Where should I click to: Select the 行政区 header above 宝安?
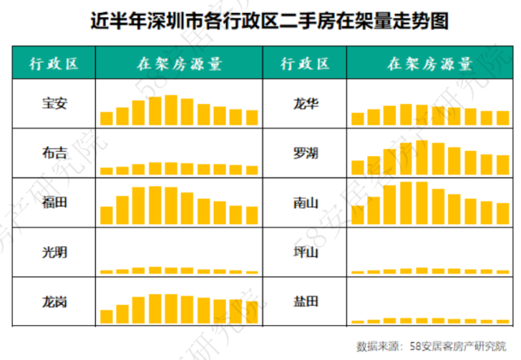[54, 63]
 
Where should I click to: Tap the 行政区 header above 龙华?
[305, 63]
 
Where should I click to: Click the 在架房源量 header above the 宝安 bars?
[179, 63]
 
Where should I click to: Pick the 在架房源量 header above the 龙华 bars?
[429, 63]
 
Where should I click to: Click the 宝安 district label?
[54, 104]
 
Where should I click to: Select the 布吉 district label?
[54, 152]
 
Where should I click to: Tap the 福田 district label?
[54, 202]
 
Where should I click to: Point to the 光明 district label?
[54, 251]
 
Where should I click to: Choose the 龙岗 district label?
[54, 301]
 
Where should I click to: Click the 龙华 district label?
[305, 104]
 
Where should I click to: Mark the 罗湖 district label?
[305, 152]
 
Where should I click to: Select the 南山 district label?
[305, 202]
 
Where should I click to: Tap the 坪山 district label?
[305, 251]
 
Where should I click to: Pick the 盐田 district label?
[305, 301]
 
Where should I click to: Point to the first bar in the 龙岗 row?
[106, 316]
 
